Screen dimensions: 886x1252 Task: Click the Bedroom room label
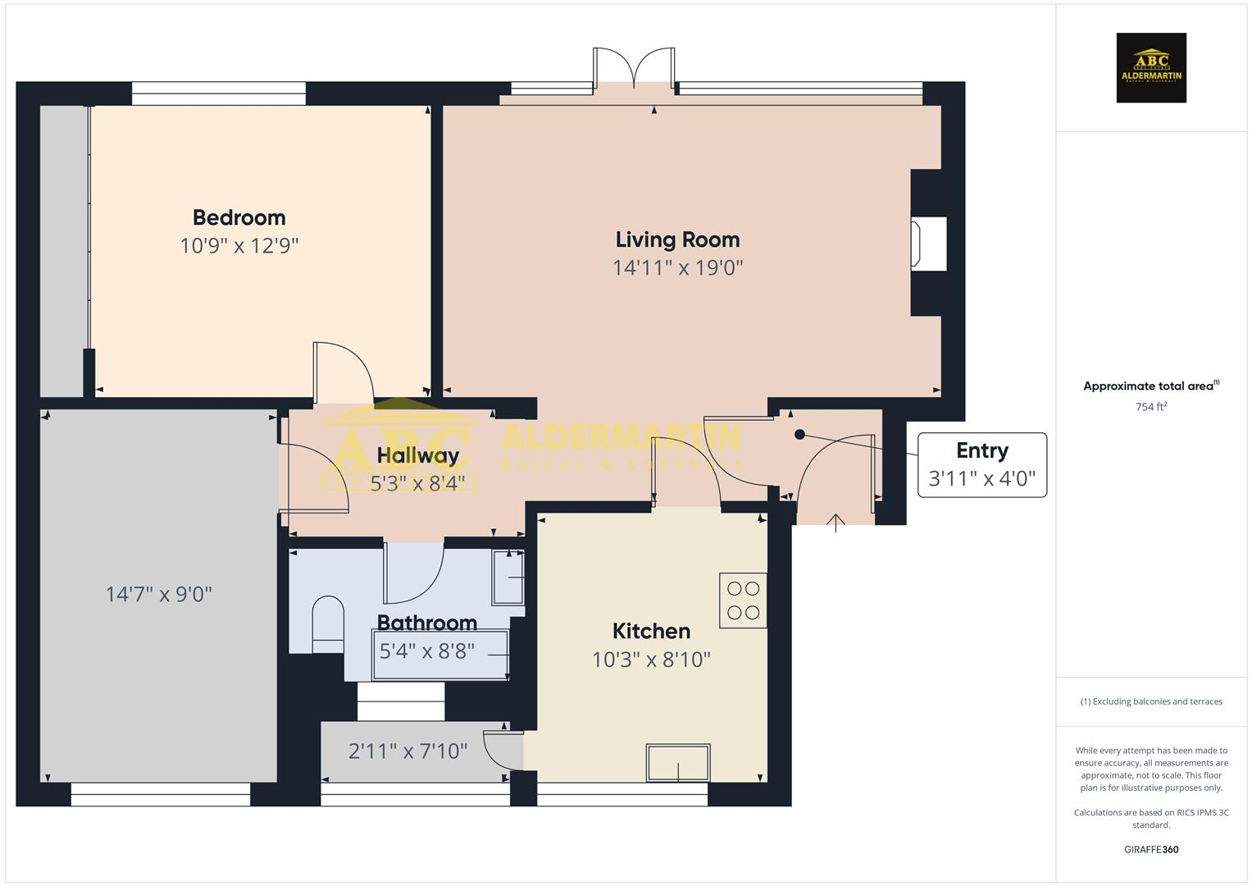click(x=239, y=217)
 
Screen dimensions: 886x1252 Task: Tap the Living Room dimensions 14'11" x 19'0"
click(x=677, y=267)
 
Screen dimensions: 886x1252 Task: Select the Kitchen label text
click(x=651, y=631)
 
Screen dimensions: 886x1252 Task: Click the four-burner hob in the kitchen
click(x=743, y=601)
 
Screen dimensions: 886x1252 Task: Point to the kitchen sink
click(x=677, y=763)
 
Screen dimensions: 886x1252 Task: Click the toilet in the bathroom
click(x=328, y=623)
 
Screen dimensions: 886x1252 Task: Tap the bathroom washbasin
click(x=508, y=578)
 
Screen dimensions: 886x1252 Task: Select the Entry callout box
click(x=981, y=464)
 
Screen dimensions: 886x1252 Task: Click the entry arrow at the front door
click(x=835, y=523)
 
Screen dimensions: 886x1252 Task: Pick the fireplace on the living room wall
click(x=930, y=243)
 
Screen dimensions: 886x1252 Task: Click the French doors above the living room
click(x=634, y=67)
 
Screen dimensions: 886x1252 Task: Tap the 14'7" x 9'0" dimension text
click(x=158, y=594)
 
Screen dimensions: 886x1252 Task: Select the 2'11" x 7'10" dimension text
click(x=407, y=751)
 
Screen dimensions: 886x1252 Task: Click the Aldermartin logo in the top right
click(x=1150, y=68)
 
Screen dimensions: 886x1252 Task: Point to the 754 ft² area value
click(x=1151, y=407)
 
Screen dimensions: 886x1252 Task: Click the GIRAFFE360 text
click(x=1150, y=849)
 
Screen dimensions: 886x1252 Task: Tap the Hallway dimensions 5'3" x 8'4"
click(x=422, y=483)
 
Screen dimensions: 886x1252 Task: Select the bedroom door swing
click(x=343, y=371)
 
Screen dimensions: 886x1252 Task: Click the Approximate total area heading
click(x=1150, y=386)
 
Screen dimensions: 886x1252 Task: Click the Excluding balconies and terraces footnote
click(x=1150, y=701)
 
